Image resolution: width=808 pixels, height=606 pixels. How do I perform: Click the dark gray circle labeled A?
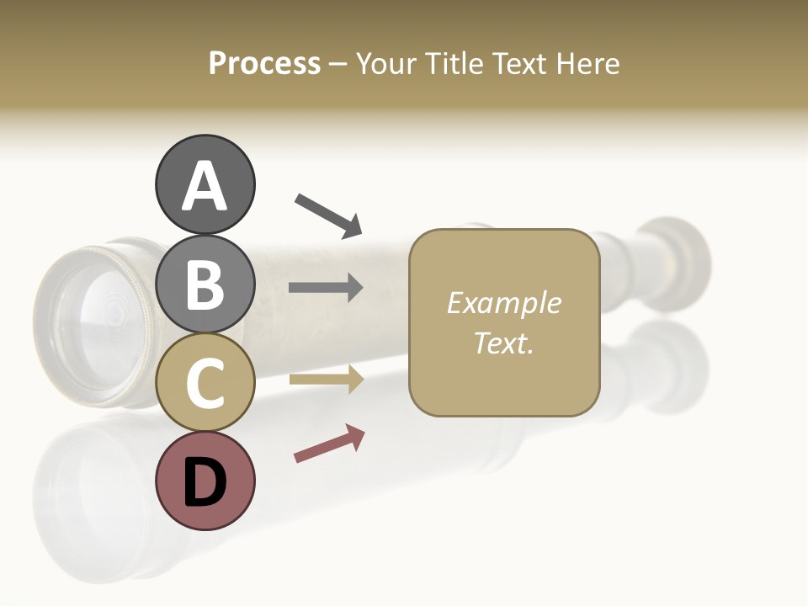pyautogui.click(x=205, y=184)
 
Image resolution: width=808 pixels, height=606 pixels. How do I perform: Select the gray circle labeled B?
pyautogui.click(x=205, y=284)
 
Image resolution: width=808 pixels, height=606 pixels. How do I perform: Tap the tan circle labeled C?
pyautogui.click(x=205, y=382)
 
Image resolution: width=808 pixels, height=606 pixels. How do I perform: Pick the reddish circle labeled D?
pyautogui.click(x=205, y=481)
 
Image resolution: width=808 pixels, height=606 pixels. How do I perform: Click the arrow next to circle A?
pyautogui.click(x=328, y=215)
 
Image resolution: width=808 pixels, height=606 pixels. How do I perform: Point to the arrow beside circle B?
pyautogui.click(x=326, y=288)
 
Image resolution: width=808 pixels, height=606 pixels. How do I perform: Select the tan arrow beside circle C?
pyautogui.click(x=326, y=380)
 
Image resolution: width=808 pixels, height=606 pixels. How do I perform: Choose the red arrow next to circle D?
pyautogui.click(x=329, y=444)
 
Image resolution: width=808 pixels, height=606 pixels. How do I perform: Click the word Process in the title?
pyautogui.click(x=264, y=63)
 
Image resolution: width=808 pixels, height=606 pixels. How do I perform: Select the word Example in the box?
pyautogui.click(x=503, y=303)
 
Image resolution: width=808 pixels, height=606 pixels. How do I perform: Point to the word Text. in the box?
pyautogui.click(x=503, y=343)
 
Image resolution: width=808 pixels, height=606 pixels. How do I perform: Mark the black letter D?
pyautogui.click(x=205, y=482)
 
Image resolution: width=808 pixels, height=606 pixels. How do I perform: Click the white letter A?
pyautogui.click(x=205, y=186)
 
